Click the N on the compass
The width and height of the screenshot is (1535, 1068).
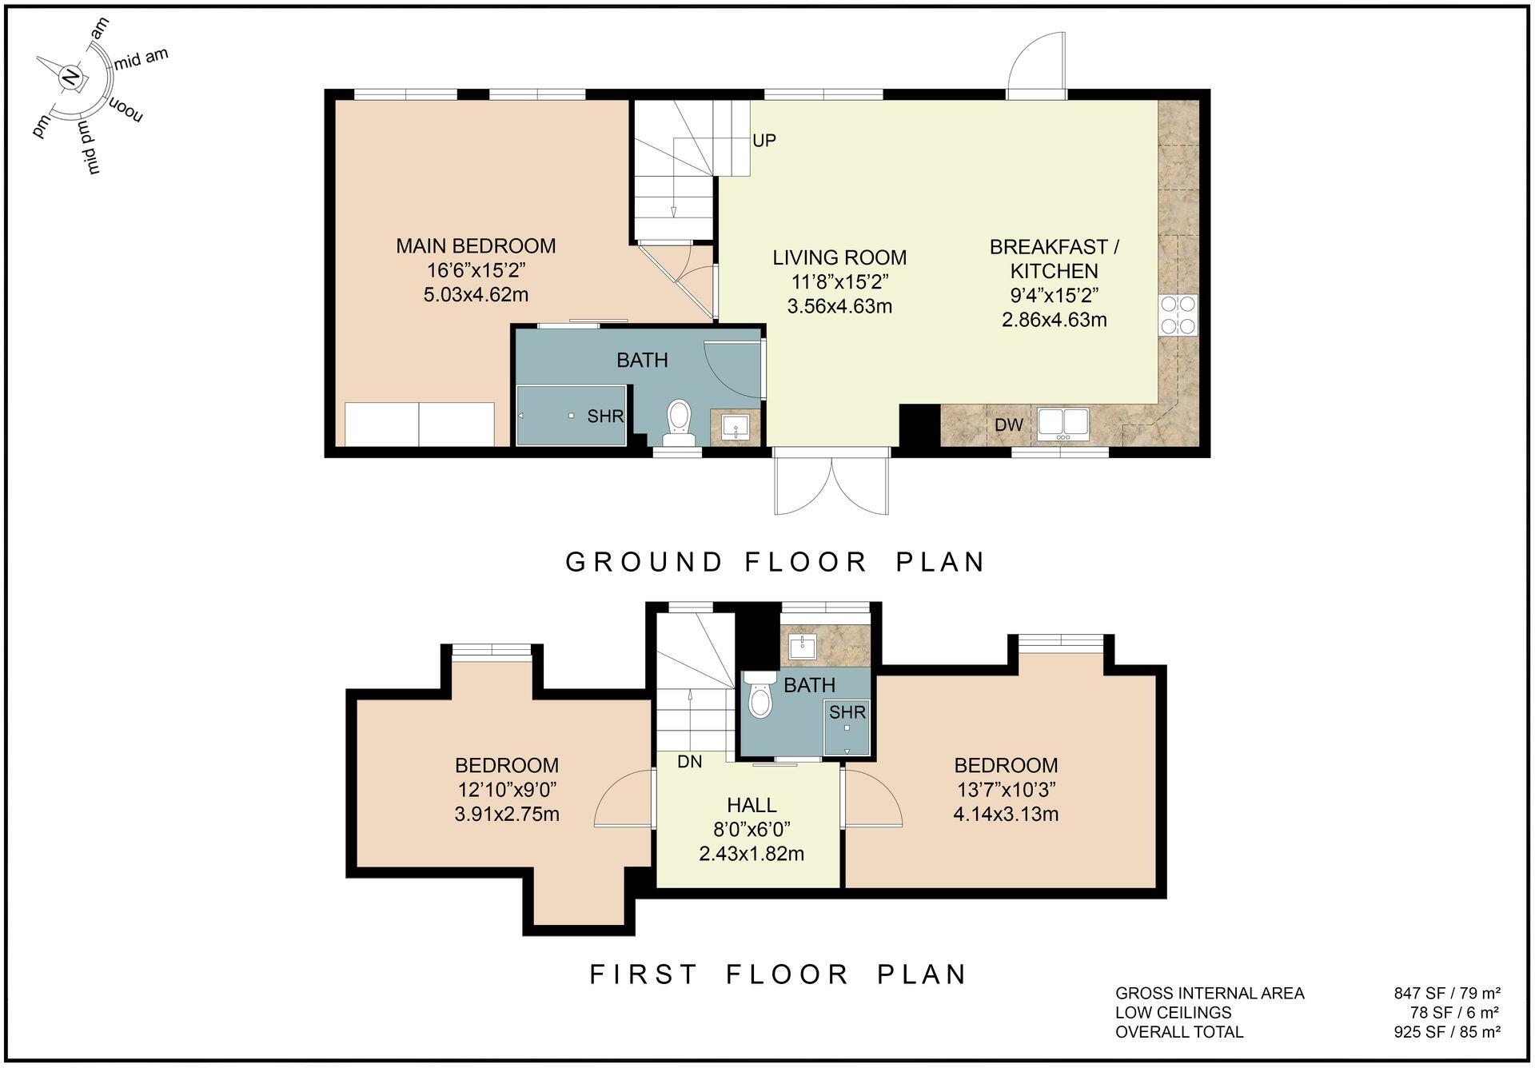coord(71,78)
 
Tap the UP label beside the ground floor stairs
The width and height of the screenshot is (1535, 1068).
coord(764,141)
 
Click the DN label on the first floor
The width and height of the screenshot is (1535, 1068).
coord(689,762)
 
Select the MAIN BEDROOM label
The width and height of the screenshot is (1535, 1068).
coord(476,246)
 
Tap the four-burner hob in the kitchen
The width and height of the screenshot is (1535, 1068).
coord(1178,315)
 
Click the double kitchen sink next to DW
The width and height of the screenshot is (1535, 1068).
coord(1063,423)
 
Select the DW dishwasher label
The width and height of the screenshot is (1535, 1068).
coord(1009,425)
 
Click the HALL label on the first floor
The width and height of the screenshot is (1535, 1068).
coord(752,805)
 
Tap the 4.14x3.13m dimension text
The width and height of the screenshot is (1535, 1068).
coord(1006,815)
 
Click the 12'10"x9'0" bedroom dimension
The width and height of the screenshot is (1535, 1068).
coord(507,790)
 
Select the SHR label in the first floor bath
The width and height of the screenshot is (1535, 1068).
coord(847,712)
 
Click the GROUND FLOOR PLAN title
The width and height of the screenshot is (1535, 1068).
coord(775,562)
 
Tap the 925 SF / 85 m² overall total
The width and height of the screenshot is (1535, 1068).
coord(1446,1032)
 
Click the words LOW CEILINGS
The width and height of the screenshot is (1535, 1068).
coord(1173,1013)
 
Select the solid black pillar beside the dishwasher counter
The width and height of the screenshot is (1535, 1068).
coord(919,425)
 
